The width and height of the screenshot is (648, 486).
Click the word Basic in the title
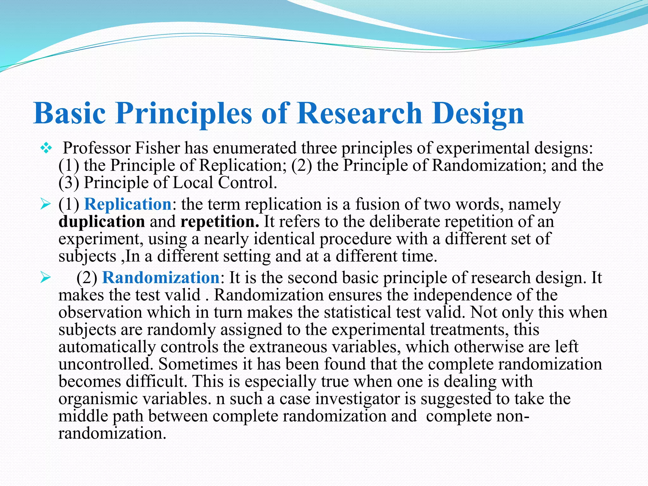pyautogui.click(x=69, y=113)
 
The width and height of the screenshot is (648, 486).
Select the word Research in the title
pyautogui.click(x=359, y=113)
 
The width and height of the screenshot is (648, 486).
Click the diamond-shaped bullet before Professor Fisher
pyautogui.click(x=46, y=148)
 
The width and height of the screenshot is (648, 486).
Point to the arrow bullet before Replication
pyautogui.click(x=46, y=204)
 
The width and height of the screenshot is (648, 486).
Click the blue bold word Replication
pyautogui.click(x=128, y=204)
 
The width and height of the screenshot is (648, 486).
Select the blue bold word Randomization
pyautogui.click(x=161, y=277)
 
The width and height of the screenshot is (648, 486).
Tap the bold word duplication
pyautogui.click(x=102, y=221)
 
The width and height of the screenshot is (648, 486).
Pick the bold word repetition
pyautogui.click(x=219, y=221)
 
